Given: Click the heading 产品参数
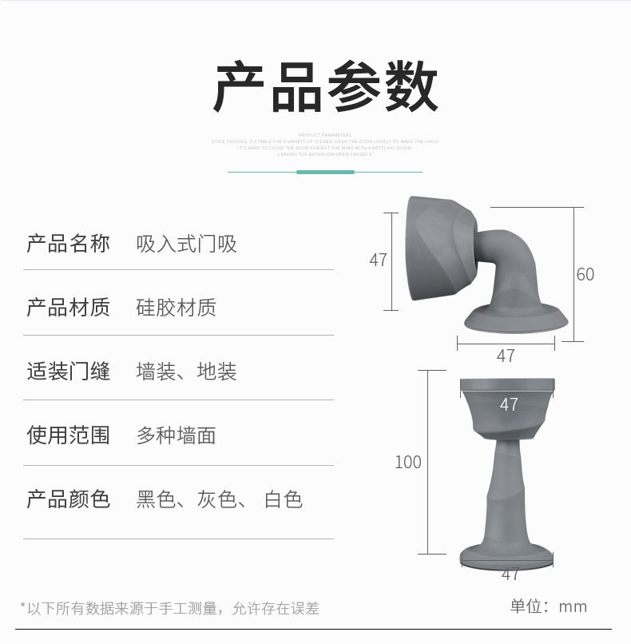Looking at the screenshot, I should point(326,86).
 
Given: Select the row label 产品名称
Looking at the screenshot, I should point(69,244).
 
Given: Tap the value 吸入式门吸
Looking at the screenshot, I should point(187,244).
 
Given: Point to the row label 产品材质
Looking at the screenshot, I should point(69,308).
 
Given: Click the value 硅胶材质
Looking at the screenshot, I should point(177,308).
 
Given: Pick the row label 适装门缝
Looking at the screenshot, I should point(69,372).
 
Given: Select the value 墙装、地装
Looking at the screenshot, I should point(187,372).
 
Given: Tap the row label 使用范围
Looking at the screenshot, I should point(69,435).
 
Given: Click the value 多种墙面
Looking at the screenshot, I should point(177,435).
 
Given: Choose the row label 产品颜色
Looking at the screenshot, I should point(69,500).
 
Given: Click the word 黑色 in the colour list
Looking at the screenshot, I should point(156,500).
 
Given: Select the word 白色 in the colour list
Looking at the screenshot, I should point(284,500).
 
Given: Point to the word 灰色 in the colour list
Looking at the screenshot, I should point(217,500).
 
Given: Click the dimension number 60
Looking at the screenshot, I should point(585,274).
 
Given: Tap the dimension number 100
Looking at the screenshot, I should point(408,462).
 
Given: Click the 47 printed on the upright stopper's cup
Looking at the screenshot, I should point(509,405).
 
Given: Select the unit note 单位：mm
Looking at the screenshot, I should point(549,606).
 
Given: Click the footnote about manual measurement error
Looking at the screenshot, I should point(169,609).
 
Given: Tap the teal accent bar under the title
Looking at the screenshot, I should point(325,172).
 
